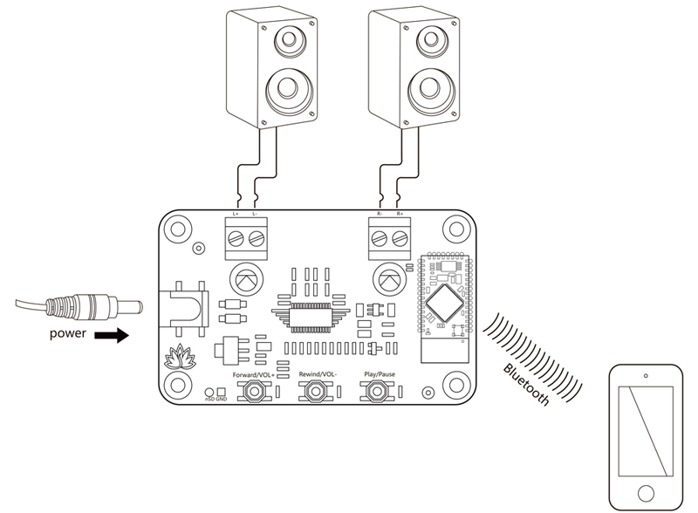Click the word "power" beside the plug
[x=68, y=333]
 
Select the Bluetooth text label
[x=526, y=383]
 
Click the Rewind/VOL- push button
[x=315, y=393]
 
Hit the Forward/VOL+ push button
[x=255, y=393]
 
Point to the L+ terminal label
[x=236, y=214]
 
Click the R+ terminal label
[x=400, y=214]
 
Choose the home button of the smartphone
[x=646, y=490]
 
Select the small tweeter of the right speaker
[x=429, y=39]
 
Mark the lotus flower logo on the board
[x=178, y=357]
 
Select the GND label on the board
[x=222, y=400]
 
